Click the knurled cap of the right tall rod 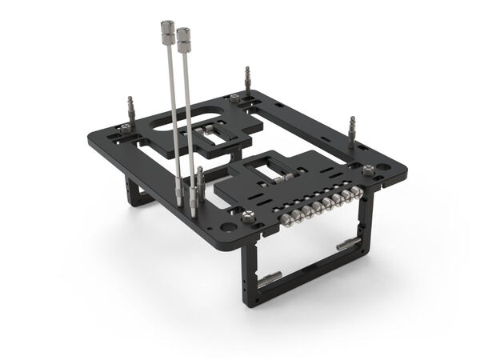click(x=184, y=37)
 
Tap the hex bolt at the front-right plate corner click(x=368, y=170)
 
